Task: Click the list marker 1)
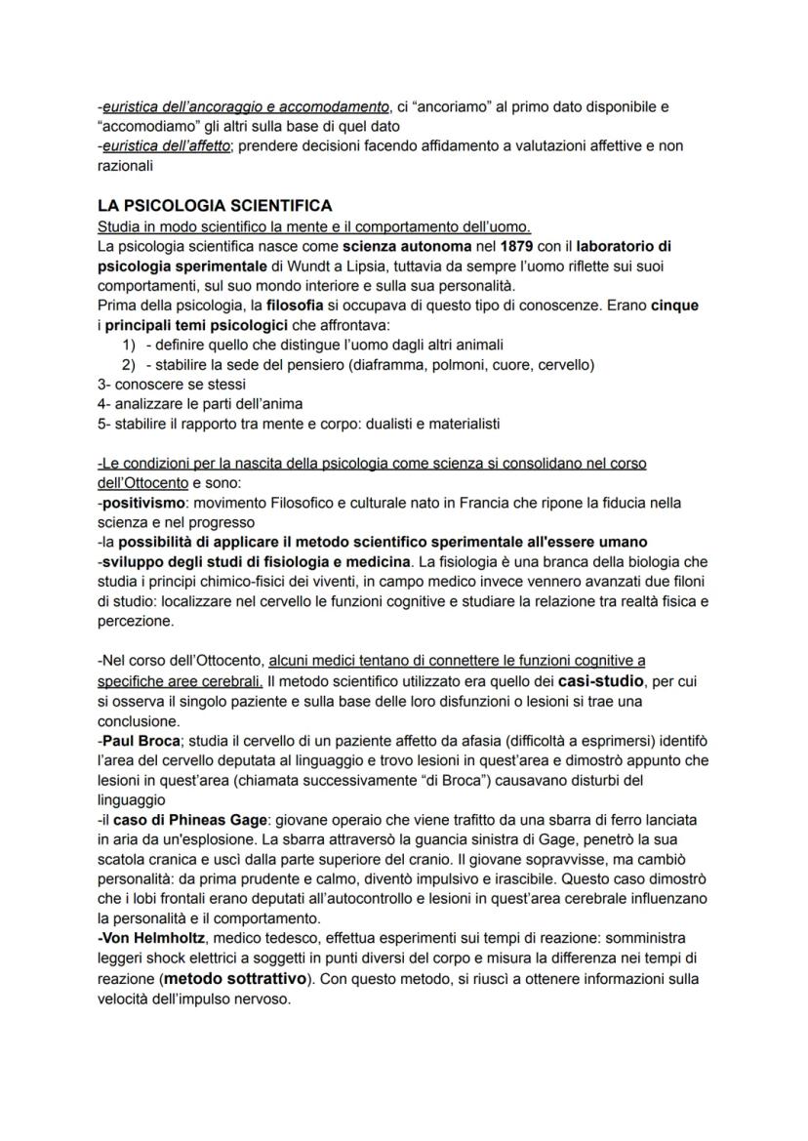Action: [128, 345]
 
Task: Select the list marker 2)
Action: [128, 364]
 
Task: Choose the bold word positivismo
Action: [143, 503]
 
